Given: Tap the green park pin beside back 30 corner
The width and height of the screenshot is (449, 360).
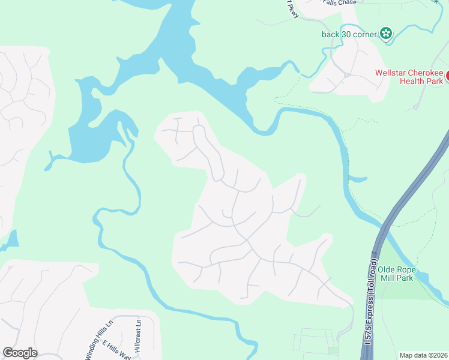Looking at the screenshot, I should tap(386, 34).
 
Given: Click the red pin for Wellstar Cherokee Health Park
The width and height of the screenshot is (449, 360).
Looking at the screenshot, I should tap(447, 75).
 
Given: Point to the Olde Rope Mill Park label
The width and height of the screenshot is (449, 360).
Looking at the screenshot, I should tap(397, 274).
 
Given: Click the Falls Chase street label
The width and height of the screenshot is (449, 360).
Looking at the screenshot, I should tap(339, 2).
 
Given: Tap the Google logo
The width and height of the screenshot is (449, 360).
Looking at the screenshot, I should tap(20, 353).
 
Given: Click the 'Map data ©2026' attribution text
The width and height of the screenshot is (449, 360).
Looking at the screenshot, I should tap(423, 355).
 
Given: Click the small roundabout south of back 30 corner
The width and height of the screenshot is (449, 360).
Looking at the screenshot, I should tap(346, 75).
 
